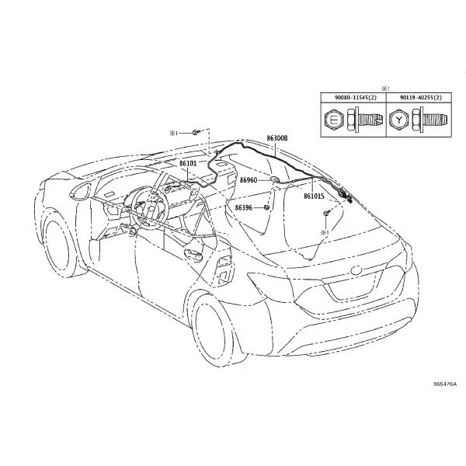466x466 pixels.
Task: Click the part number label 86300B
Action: (x=277, y=138)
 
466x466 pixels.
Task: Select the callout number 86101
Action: (x=188, y=163)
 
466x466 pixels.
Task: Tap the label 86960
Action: (x=249, y=180)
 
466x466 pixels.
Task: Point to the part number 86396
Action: (x=244, y=207)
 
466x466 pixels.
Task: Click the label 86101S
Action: (x=314, y=196)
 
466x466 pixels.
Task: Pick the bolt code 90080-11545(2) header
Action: (x=353, y=98)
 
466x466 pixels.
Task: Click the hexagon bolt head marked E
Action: (x=334, y=120)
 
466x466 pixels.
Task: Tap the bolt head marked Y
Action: (x=399, y=120)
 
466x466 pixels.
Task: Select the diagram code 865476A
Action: (x=445, y=384)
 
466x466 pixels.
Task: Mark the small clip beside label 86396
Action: (x=267, y=207)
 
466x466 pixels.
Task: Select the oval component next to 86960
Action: (x=275, y=179)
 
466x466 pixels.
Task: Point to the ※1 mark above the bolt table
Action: (x=385, y=89)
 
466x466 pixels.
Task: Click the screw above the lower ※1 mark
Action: (x=327, y=213)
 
